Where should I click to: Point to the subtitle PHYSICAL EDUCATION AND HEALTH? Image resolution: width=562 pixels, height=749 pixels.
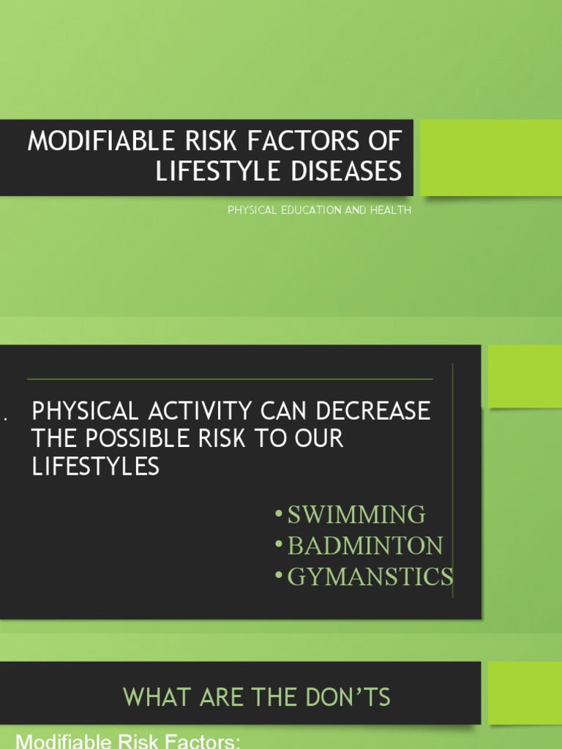[320, 211]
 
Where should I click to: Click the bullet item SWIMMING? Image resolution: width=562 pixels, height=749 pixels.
[356, 515]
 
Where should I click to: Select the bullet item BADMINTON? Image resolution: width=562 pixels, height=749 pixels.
[365, 546]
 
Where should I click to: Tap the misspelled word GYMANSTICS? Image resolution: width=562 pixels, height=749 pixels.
[370, 577]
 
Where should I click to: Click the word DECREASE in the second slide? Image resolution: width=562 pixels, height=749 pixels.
[372, 411]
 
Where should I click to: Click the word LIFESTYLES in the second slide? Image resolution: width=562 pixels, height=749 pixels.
[95, 467]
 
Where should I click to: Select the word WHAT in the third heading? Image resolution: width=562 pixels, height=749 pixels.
[149, 697]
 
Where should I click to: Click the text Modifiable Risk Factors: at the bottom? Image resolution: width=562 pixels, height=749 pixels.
[128, 741]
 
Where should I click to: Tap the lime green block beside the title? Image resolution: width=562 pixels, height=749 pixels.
[490, 157]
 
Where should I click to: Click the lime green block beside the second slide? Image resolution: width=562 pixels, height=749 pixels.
[524, 376]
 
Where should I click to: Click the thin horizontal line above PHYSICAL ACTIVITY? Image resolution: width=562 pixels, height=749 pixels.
[230, 380]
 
